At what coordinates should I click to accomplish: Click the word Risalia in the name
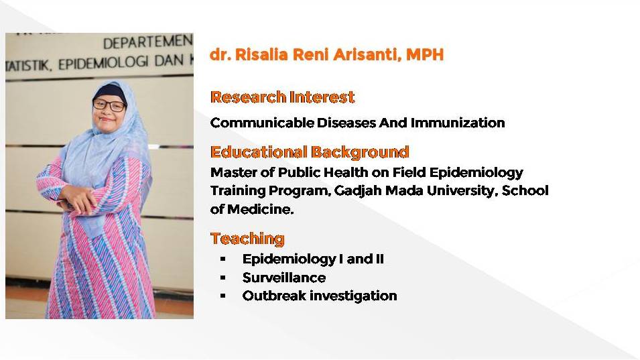pyautogui.click(x=261, y=54)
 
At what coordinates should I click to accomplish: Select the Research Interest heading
pyautogui.click(x=282, y=97)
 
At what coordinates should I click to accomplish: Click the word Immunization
pyautogui.click(x=458, y=123)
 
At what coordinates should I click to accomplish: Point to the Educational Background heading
pyautogui.click(x=310, y=152)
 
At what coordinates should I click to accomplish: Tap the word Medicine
pyautogui.click(x=261, y=209)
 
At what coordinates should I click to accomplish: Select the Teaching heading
pyautogui.click(x=247, y=239)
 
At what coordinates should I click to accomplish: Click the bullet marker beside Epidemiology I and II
pyautogui.click(x=223, y=259)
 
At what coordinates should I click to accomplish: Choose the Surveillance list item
pyautogui.click(x=284, y=278)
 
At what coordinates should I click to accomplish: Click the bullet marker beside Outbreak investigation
pyautogui.click(x=223, y=296)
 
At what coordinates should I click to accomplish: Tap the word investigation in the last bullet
pyautogui.click(x=353, y=296)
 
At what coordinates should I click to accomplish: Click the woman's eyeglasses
pyautogui.click(x=109, y=105)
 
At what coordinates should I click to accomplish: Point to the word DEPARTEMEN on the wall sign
pyautogui.click(x=147, y=42)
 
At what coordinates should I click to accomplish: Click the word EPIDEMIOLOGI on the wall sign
pyautogui.click(x=103, y=63)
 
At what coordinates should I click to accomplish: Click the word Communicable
pyautogui.click(x=263, y=123)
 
